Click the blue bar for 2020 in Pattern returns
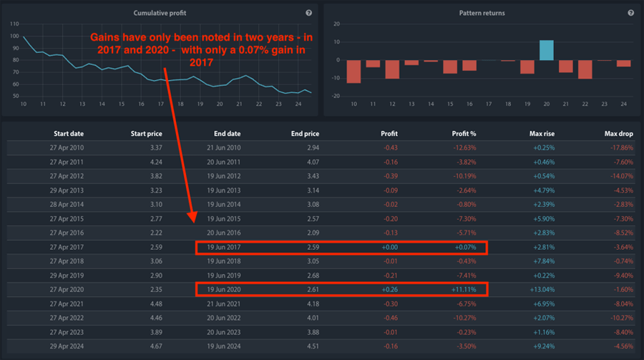(546, 50)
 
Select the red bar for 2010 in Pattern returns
(353, 71)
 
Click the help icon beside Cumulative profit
(308, 13)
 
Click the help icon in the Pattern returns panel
(630, 13)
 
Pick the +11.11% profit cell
(462, 289)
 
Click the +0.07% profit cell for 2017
(462, 248)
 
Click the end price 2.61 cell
(308, 289)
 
